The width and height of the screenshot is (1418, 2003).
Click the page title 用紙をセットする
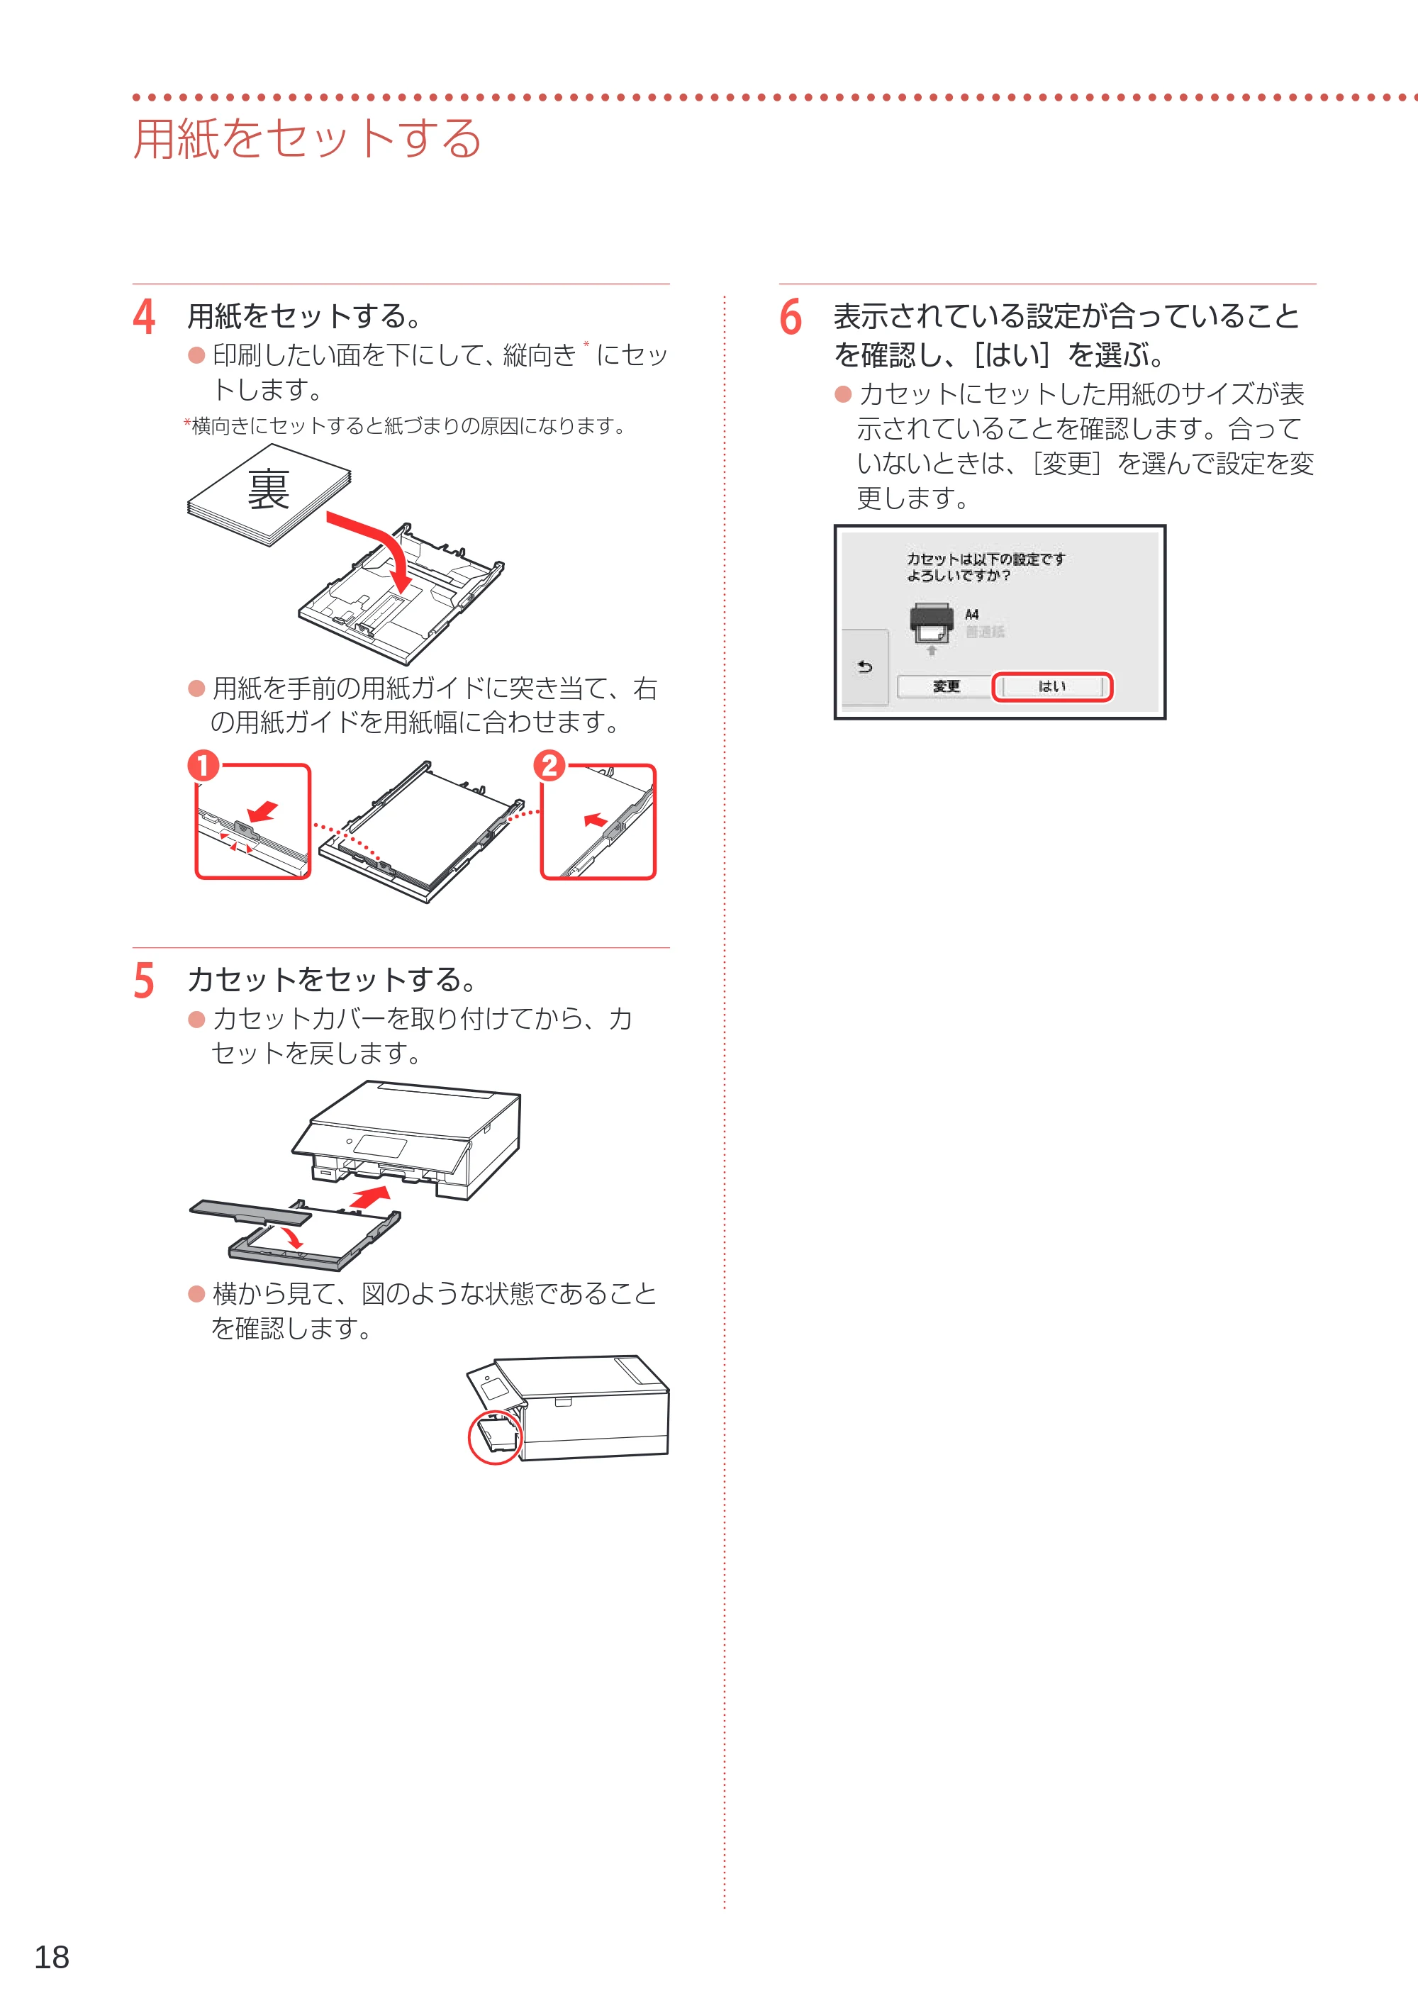[x=307, y=138]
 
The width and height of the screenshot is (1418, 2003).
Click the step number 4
[x=144, y=317]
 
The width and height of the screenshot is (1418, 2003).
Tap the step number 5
[x=144, y=981]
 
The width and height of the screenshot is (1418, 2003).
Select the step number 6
[x=791, y=317]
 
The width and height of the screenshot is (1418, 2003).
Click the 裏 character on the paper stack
[x=268, y=489]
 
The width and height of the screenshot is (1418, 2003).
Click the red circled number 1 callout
[x=203, y=766]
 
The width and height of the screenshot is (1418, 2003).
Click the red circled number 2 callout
[x=549, y=766]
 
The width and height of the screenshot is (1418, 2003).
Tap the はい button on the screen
[x=1052, y=686]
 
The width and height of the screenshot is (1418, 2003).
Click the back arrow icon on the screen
[x=864, y=667]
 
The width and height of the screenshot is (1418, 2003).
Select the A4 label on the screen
[x=972, y=615]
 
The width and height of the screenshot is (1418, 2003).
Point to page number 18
[x=52, y=1957]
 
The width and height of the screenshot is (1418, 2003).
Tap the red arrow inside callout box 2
[x=596, y=820]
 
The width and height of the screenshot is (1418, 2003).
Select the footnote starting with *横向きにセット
[x=404, y=426]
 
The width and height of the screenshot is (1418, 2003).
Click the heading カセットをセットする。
[x=333, y=980]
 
